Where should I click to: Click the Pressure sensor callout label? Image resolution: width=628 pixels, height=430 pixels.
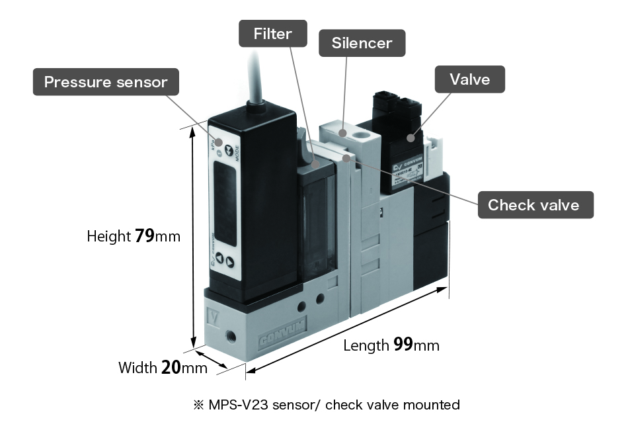106,83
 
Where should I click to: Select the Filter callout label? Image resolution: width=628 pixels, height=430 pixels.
272,34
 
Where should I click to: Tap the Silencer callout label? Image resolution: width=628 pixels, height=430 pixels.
362,44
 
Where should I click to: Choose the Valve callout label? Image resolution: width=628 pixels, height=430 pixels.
469,79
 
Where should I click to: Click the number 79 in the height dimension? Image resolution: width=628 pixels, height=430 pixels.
145,236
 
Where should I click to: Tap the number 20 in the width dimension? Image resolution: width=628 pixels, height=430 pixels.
171,368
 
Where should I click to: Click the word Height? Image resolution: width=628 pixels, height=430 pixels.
108,236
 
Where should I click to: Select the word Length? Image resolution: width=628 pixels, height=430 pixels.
366,345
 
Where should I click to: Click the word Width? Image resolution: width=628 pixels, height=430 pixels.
137,368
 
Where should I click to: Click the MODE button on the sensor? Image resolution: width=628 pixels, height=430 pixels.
229,151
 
